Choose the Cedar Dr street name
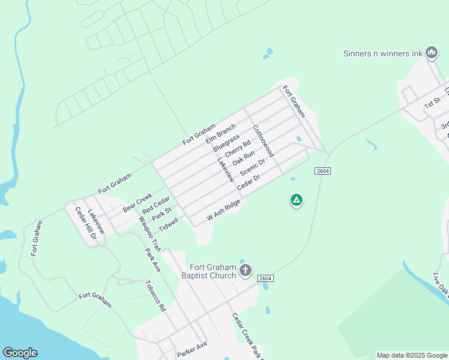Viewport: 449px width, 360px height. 249,182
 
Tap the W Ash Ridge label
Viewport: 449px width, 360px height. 224,209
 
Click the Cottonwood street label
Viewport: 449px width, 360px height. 263,141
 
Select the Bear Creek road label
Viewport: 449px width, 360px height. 138,202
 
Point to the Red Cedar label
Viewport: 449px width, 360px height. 156,204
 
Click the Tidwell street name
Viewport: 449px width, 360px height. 169,224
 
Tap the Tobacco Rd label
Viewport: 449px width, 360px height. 155,296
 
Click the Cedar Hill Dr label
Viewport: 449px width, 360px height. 85,223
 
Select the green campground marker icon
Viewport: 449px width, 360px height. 296,200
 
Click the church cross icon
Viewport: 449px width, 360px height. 245,271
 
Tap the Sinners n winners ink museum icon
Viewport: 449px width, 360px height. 431,53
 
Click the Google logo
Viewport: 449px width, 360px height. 20,352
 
